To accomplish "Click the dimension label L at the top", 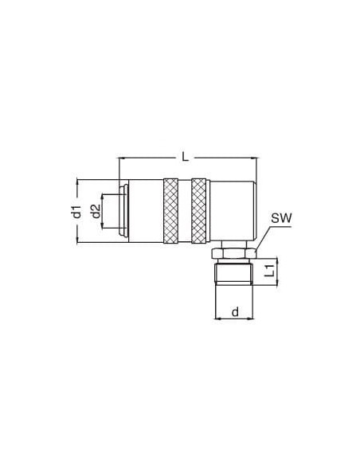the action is (185, 157).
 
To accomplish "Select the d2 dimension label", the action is (96, 211).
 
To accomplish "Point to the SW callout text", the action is (281, 218).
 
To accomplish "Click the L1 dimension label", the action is (269, 271).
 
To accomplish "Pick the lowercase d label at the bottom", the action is (235, 312).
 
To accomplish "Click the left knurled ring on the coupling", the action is (170, 211).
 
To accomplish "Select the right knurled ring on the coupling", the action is (198, 211).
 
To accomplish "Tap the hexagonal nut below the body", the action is (233, 253).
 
